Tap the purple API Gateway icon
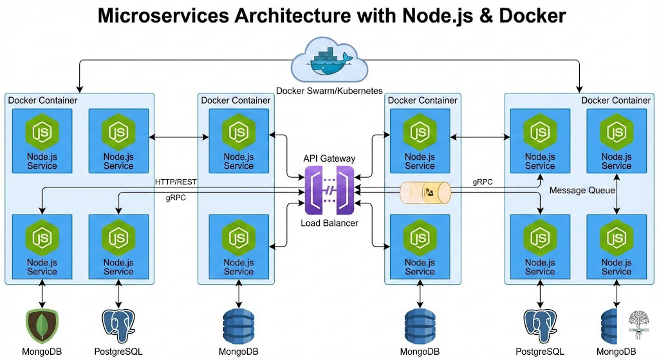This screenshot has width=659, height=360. [329, 190]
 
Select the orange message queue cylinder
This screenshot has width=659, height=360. [425, 191]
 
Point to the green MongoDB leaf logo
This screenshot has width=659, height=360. [42, 327]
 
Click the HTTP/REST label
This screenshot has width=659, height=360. [176, 182]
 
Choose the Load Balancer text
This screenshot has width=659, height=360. [329, 223]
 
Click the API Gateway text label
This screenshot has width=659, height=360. [329, 158]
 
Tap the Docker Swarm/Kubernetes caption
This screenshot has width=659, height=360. [329, 91]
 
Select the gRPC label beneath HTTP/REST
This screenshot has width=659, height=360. [176, 198]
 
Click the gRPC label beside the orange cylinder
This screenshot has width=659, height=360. [482, 182]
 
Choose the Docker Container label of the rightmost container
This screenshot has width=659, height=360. [615, 100]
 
